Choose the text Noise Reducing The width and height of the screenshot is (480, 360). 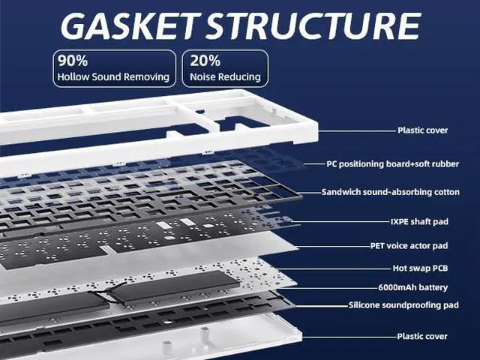coord(225,76)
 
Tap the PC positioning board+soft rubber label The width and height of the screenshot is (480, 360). coord(392,163)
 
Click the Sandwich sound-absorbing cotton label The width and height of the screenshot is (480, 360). coord(390,192)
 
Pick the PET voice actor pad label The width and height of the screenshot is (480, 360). coord(409,245)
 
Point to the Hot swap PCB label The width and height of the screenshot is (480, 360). coord(420,268)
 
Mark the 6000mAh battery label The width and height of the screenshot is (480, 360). coord(412,287)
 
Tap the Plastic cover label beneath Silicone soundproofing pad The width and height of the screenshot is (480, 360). coord(422,337)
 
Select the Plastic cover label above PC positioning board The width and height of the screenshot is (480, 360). coord(422,130)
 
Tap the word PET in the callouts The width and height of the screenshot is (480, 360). coord(379,245)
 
